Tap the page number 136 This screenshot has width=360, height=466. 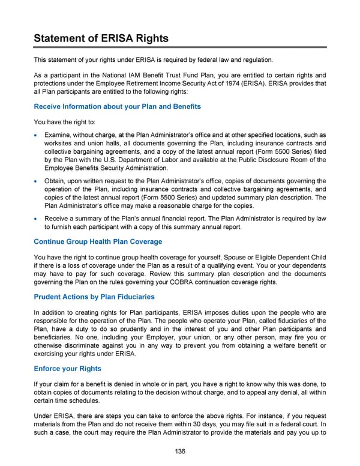[x=180, y=452]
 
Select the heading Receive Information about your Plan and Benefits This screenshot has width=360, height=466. [x=117, y=106]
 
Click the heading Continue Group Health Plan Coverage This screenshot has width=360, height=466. [x=98, y=241]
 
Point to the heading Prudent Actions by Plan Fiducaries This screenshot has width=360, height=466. [x=94, y=297]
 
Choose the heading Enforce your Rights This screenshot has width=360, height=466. [x=68, y=368]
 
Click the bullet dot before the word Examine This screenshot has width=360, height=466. [x=37, y=136]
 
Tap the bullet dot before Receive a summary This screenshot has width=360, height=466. [x=37, y=219]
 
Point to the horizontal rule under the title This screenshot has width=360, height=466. [x=180, y=47]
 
